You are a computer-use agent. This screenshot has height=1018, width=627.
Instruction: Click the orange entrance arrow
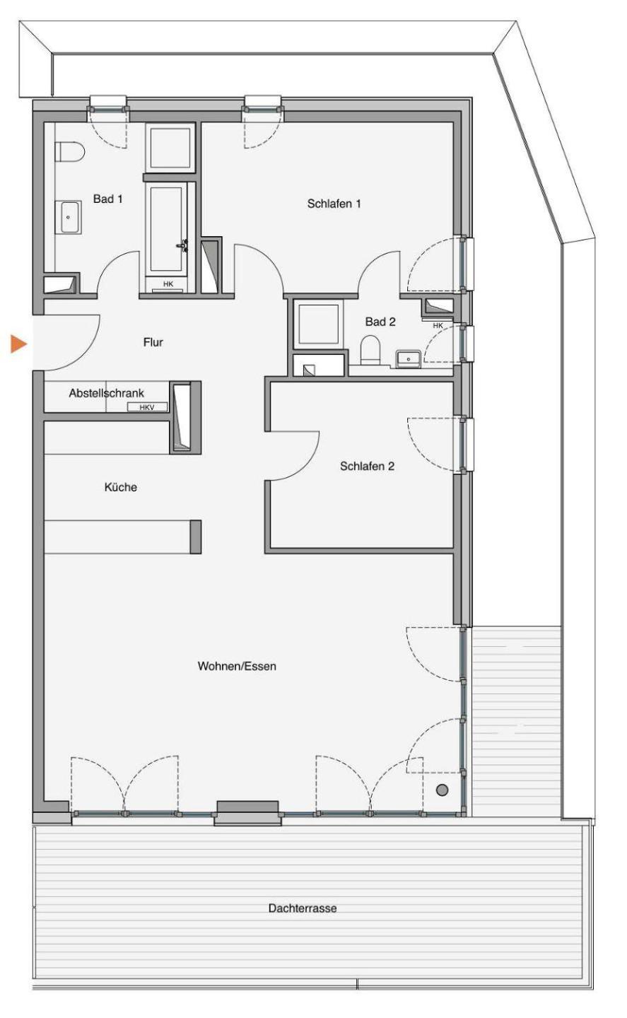click(18, 344)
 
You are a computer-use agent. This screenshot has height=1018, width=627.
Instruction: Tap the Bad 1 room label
click(107, 199)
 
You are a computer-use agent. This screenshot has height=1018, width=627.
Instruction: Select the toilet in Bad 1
click(70, 152)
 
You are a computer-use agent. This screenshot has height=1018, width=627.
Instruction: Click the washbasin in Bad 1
click(68, 217)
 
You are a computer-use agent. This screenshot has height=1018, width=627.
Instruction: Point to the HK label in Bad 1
click(168, 284)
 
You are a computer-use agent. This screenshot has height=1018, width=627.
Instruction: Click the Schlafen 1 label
click(334, 204)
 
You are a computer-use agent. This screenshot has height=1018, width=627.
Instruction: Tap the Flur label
click(153, 342)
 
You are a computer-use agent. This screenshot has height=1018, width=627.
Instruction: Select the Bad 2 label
click(380, 322)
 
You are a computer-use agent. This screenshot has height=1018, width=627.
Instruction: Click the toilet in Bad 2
click(370, 350)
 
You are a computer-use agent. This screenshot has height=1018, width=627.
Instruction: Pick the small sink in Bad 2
click(409, 358)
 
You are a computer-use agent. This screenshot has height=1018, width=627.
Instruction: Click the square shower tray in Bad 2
click(318, 324)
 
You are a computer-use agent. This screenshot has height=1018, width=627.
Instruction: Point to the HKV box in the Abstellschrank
click(147, 407)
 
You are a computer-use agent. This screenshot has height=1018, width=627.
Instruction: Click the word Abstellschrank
click(106, 393)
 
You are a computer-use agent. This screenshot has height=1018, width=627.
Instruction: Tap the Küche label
click(120, 487)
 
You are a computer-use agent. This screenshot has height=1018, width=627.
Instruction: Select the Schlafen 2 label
click(367, 467)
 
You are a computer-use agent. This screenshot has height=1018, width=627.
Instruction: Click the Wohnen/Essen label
click(237, 666)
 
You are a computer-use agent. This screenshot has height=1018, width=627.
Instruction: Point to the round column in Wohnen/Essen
click(442, 790)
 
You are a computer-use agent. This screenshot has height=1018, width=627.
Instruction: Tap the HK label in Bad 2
click(438, 325)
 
